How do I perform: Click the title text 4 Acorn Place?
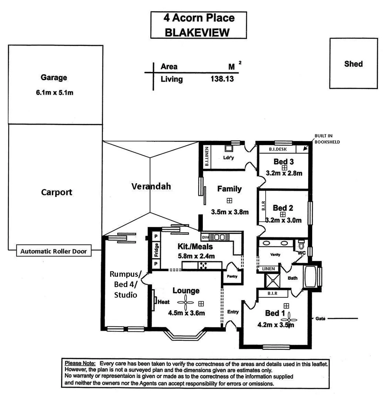(199, 18)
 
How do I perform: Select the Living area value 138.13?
(222, 79)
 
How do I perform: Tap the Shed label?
(353, 64)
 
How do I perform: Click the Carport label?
(56, 192)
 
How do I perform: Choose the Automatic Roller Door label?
(54, 252)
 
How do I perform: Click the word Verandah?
(151, 186)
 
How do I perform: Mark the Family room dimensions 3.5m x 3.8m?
(229, 212)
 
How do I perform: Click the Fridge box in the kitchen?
(157, 250)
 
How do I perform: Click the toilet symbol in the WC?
(301, 245)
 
